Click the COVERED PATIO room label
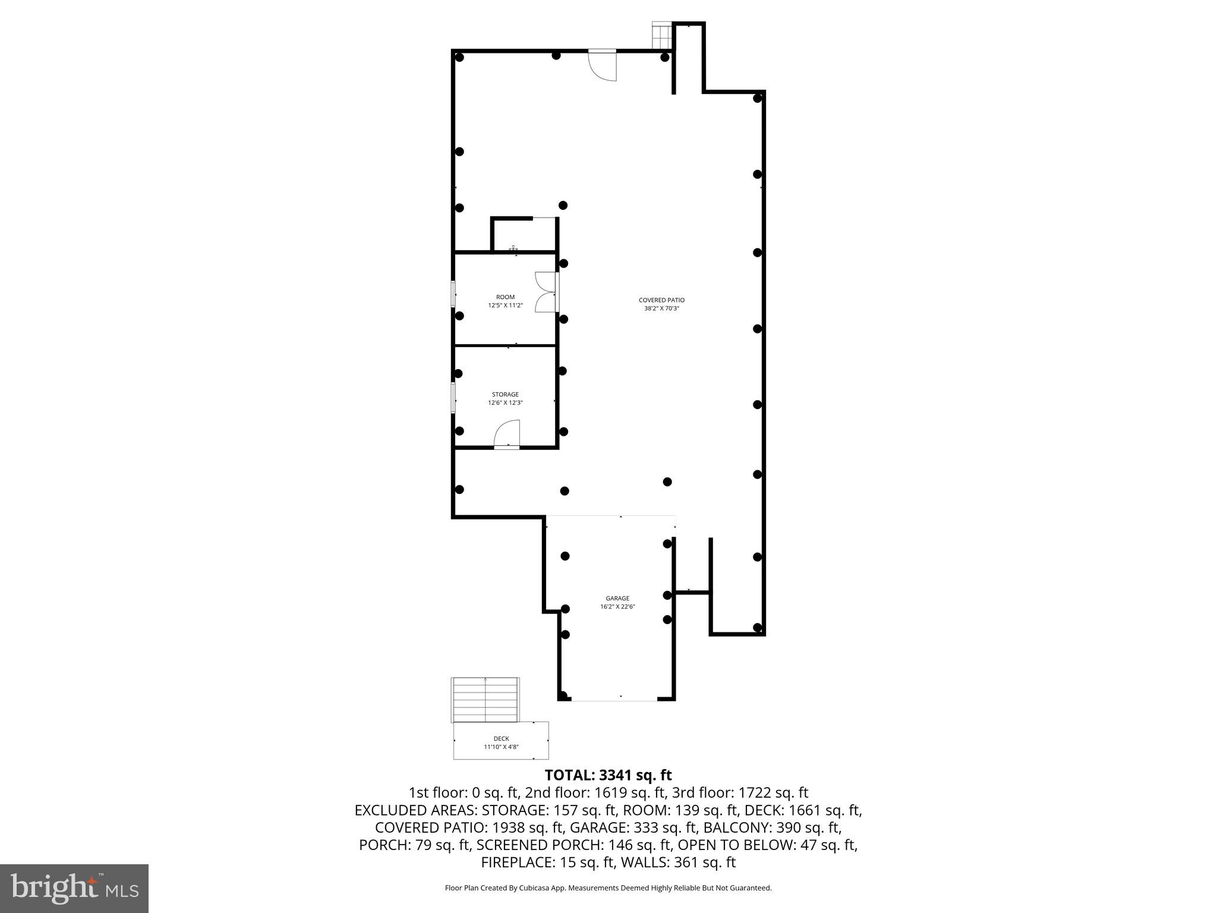tap(661, 300)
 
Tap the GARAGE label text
tap(617, 599)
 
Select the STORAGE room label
tap(505, 395)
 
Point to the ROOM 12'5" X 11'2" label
tap(505, 301)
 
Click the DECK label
tap(501, 739)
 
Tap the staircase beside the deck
tap(485, 699)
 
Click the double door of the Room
tap(546, 292)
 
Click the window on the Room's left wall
tap(453, 294)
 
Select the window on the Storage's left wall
tap(453, 398)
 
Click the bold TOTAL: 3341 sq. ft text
tap(608, 775)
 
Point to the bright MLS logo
tap(74, 888)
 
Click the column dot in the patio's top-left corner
tap(459, 57)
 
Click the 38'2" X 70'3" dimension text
tap(661, 308)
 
